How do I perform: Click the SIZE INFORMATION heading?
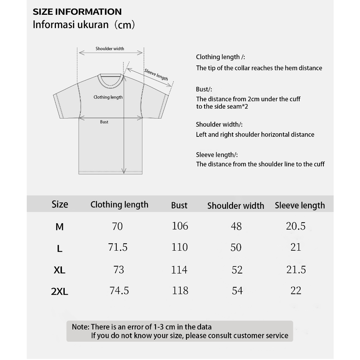77,12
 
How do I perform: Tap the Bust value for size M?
180,226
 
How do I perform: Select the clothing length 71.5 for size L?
118,247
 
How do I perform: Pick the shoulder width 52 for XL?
237,270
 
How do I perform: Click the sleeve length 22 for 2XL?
296,290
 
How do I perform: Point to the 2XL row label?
60,291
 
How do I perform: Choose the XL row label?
60,270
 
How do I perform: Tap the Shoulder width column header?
236,206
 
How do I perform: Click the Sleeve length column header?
300,205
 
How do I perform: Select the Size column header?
60,204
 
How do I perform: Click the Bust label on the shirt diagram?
104,122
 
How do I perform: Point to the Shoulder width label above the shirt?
110,49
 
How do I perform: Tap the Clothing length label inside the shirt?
108,97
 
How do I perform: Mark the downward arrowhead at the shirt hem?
124,171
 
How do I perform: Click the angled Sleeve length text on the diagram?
156,75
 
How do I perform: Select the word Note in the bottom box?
80,327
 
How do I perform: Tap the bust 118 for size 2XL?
180,290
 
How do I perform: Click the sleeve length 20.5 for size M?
296,226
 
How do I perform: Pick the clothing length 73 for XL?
119,270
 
